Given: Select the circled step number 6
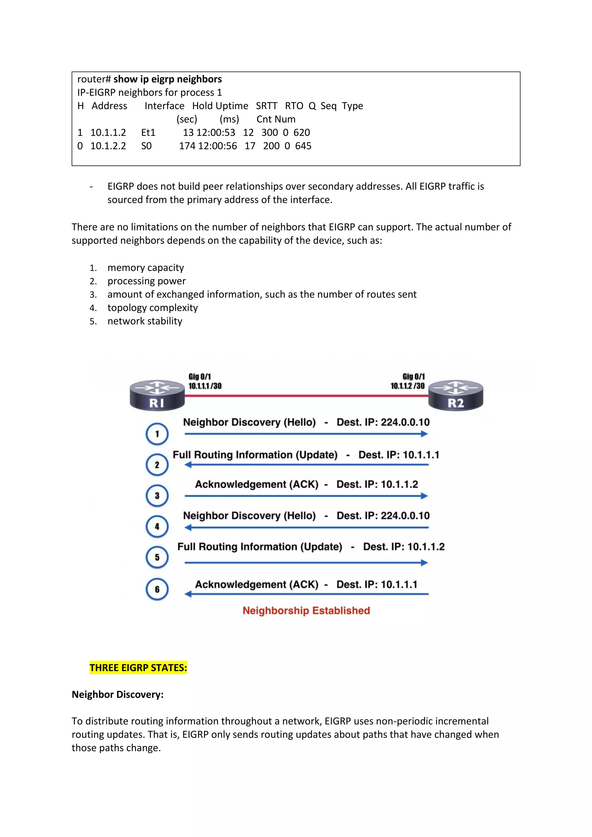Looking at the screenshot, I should click(x=157, y=589).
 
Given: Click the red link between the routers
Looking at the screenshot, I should click(x=306, y=395).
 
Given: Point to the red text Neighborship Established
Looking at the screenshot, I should click(x=306, y=611).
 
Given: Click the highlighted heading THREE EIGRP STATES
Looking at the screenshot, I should click(x=138, y=667).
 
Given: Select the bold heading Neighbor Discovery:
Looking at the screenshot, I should click(x=117, y=694).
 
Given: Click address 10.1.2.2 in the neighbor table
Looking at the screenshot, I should click(x=108, y=146).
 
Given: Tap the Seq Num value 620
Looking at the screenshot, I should click(x=302, y=132).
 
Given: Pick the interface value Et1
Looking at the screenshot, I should click(x=148, y=132).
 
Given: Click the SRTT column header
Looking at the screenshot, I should click(x=266, y=106).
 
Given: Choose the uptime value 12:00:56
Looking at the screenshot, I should click(x=217, y=146).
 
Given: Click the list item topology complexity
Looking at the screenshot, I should click(x=152, y=308).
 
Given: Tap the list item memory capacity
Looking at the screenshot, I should click(x=145, y=267).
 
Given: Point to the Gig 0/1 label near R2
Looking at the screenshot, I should click(x=414, y=377).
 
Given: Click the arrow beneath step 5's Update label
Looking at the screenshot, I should click(x=306, y=563).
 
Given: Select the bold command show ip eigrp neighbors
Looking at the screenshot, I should click(x=167, y=79).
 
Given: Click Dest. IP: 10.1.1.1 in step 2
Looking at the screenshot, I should click(x=399, y=455).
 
